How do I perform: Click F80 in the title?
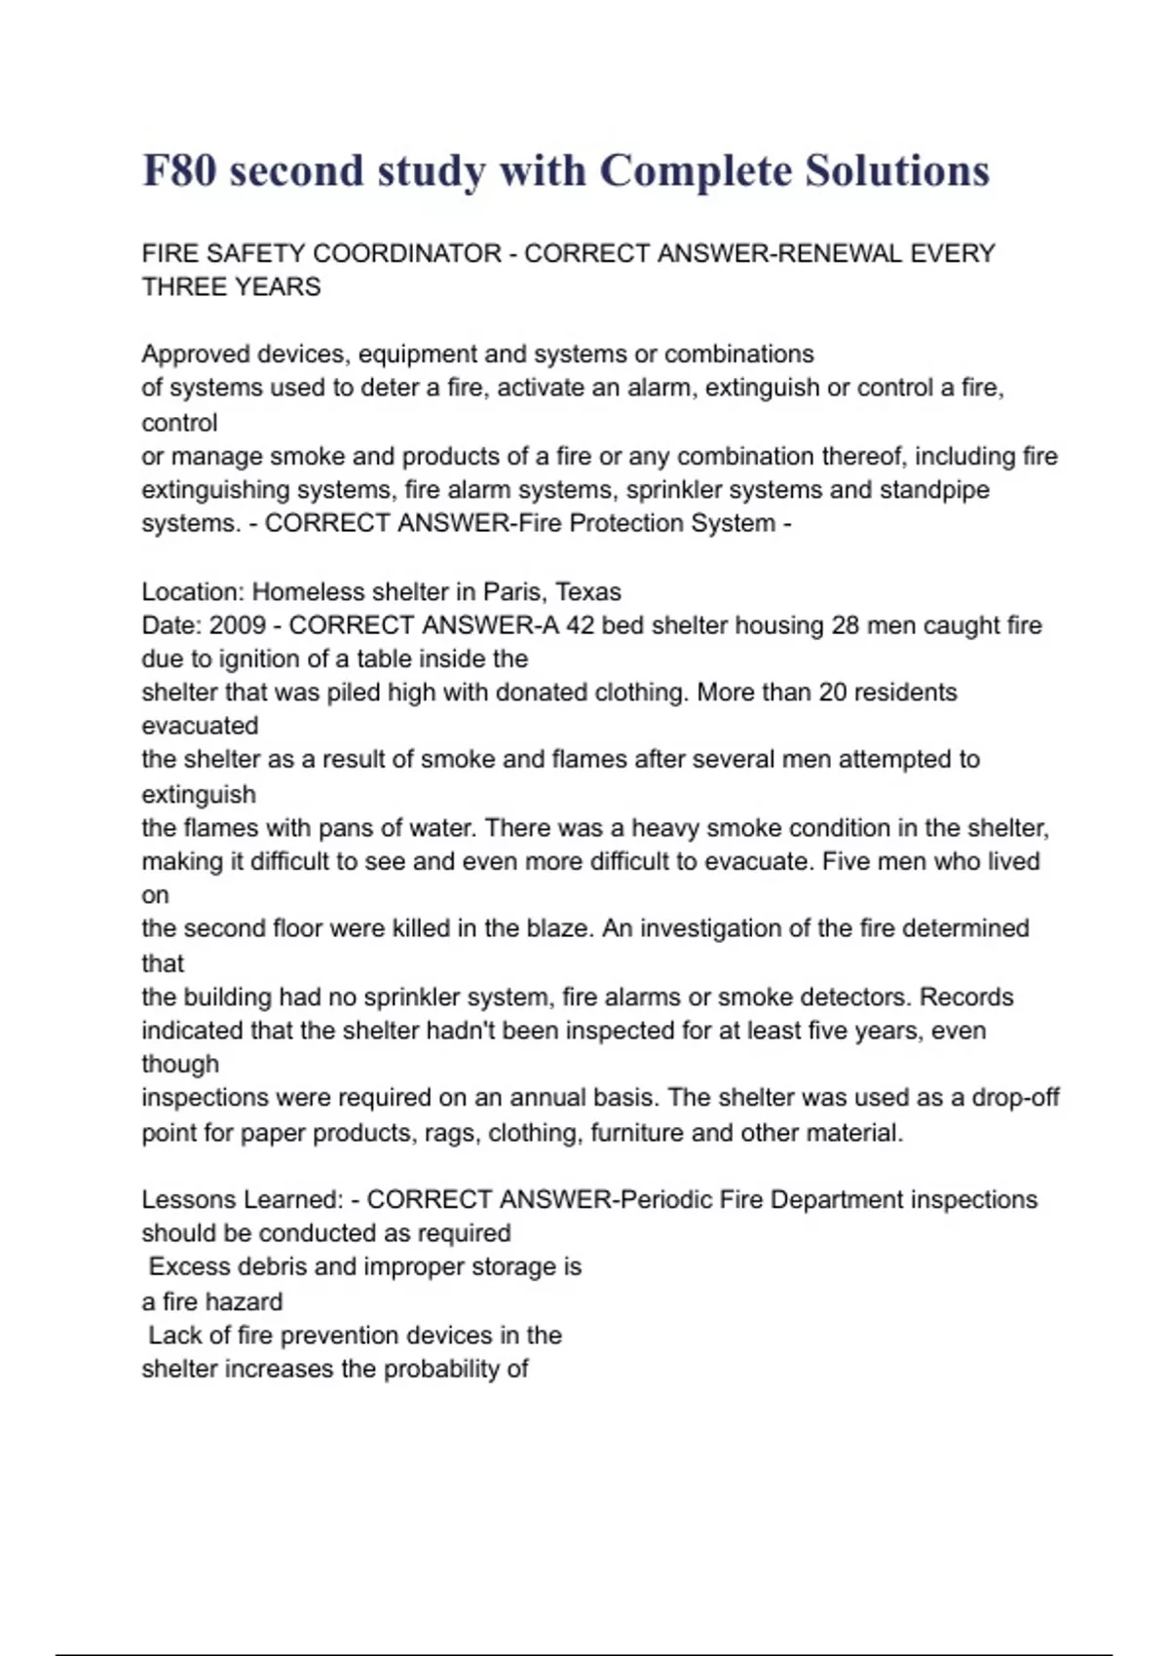[x=179, y=171]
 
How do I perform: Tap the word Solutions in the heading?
[x=896, y=171]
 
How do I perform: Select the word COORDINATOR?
[x=407, y=253]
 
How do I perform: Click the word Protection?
[x=622, y=523]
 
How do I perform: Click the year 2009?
[x=238, y=625]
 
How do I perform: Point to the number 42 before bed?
[x=580, y=625]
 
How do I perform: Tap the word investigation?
[x=709, y=928]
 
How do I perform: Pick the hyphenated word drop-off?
[x=1016, y=1098]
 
